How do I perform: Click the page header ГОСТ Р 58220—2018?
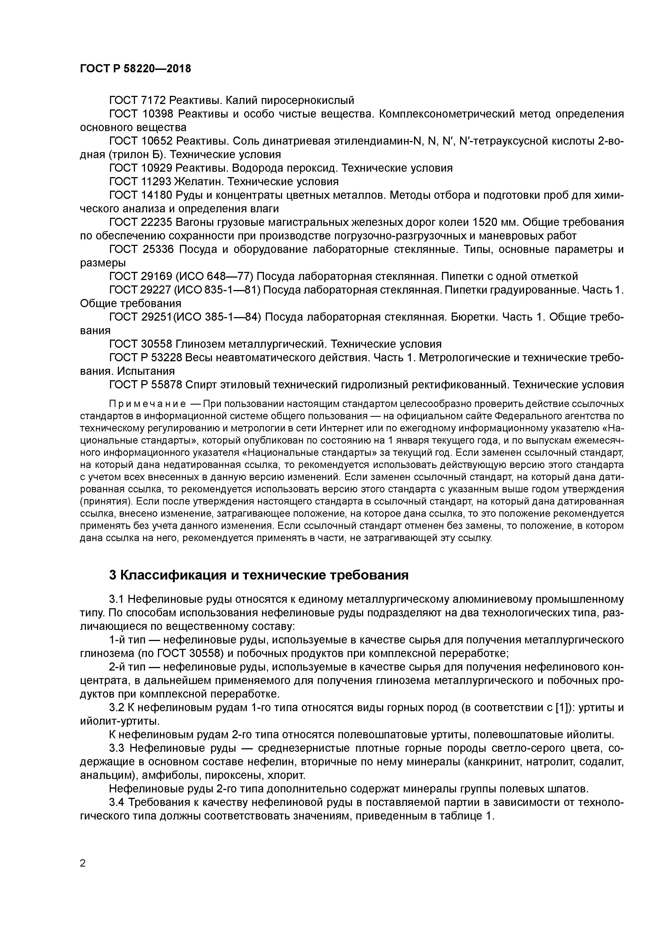(x=135, y=69)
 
